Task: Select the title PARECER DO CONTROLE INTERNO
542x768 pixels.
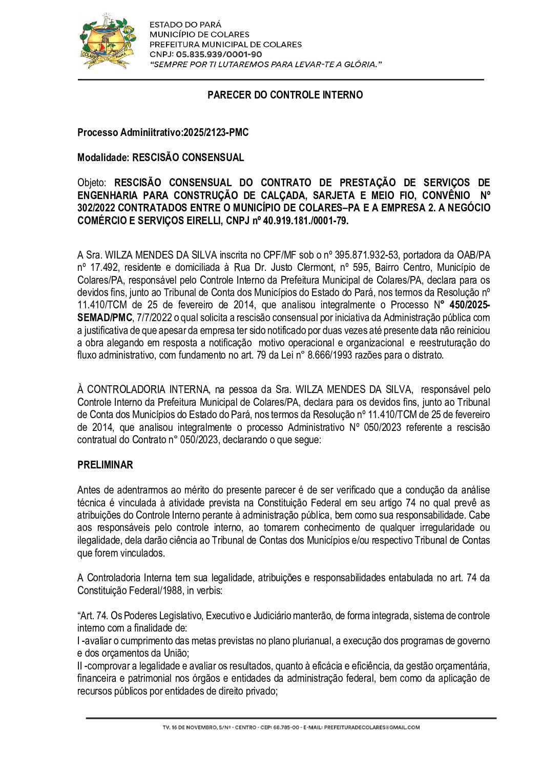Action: pos(285,95)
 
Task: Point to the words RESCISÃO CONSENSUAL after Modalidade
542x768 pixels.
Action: pos(188,157)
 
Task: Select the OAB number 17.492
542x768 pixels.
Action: pos(101,267)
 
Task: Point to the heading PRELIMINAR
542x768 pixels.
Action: pos(105,465)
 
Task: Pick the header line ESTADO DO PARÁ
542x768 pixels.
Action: pos(185,25)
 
